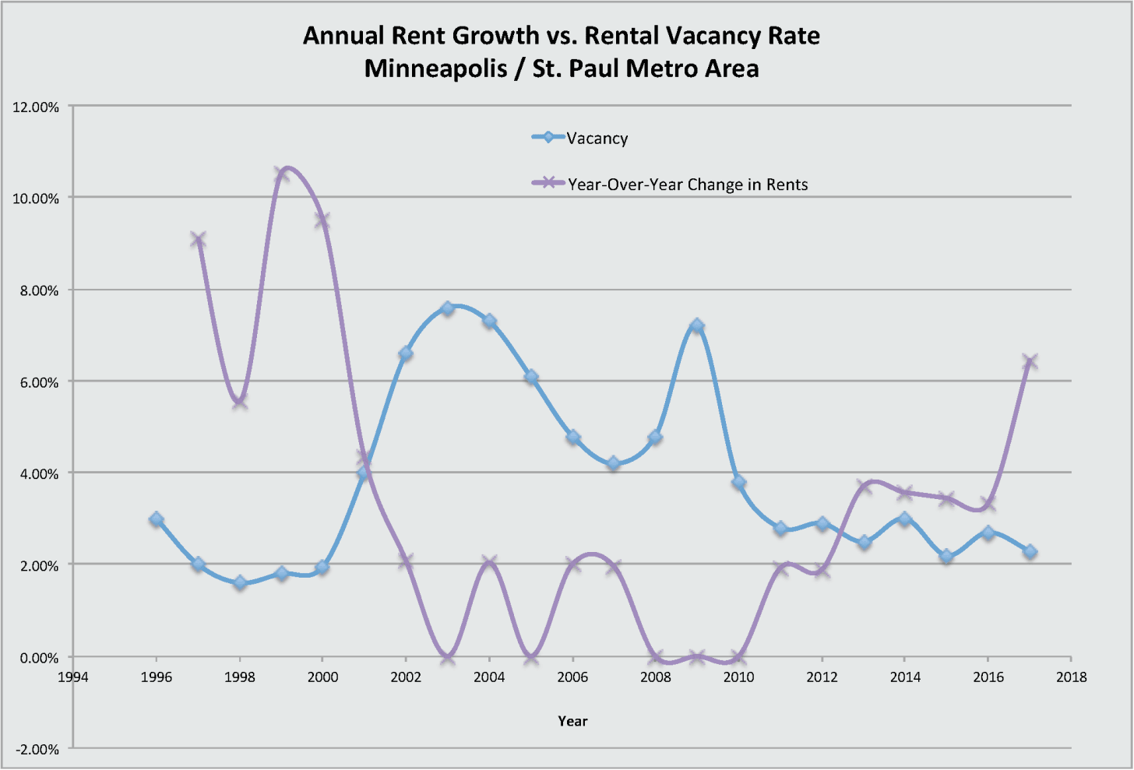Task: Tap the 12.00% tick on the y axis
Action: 36,107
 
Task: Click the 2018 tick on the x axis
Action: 1072,677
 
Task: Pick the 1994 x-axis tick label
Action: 73,677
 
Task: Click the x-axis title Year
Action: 572,721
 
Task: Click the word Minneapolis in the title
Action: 433,69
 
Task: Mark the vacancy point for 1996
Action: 157,519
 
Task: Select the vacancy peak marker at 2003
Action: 447,308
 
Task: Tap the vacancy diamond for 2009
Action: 697,326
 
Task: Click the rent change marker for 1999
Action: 281,174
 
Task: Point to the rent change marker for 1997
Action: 198,239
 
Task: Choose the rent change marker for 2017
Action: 1030,361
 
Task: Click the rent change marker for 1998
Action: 240,401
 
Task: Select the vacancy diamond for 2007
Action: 614,463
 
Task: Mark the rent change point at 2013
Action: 864,487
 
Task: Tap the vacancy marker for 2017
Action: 1030,551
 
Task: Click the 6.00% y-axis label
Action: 36,382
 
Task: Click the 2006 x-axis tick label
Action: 572,677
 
